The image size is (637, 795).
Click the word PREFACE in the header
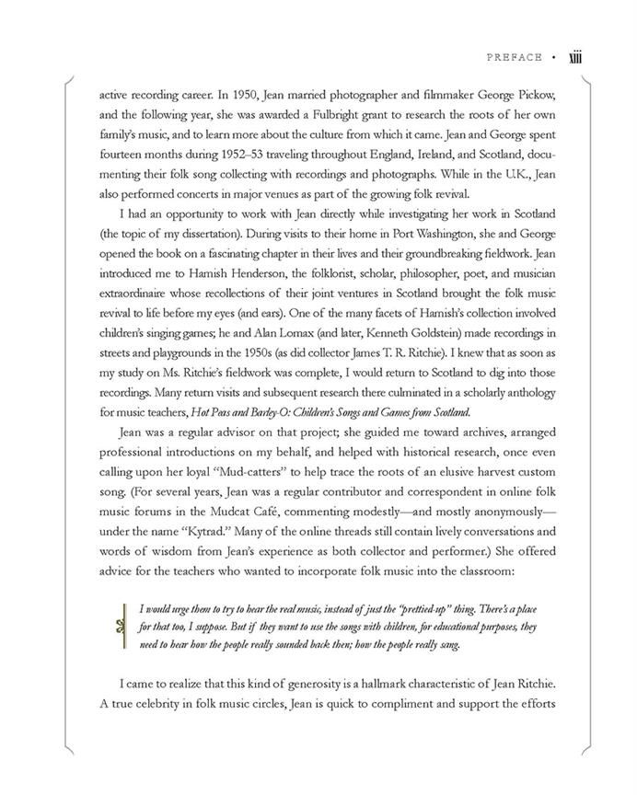(x=515, y=58)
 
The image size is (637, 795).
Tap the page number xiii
(x=577, y=57)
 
